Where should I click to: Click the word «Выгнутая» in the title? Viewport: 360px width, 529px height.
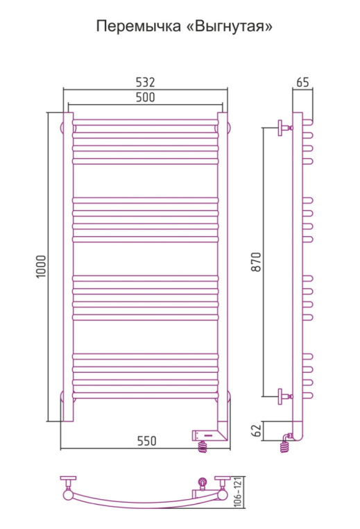(x=229, y=26)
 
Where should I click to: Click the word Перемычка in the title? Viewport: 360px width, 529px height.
(x=139, y=26)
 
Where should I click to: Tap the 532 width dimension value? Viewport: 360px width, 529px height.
(x=145, y=82)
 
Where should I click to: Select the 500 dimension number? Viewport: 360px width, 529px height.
(x=145, y=97)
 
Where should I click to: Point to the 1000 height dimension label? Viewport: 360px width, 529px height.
(x=41, y=267)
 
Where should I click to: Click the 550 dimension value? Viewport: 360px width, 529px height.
(x=146, y=441)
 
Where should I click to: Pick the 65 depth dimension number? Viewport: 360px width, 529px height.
(x=302, y=82)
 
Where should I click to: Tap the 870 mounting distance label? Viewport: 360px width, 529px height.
(x=256, y=262)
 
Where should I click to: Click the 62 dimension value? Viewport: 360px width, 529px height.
(x=257, y=430)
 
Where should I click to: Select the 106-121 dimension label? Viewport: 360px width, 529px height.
(x=239, y=492)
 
